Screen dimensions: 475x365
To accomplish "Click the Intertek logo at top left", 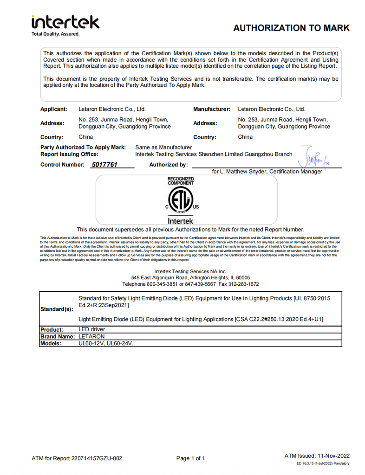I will [65, 22].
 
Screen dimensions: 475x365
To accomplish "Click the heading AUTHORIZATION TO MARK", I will [291, 28].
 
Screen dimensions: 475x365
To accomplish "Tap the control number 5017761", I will [104, 164].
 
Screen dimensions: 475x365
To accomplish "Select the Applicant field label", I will [54, 109].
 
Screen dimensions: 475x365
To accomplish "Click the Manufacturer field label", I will [212, 109].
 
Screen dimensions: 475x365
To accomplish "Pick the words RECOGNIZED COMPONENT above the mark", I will [181, 181].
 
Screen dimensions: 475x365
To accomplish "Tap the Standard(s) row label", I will [56, 309].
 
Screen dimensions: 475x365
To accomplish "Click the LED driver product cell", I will [91, 329].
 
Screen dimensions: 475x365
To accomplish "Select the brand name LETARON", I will [91, 336].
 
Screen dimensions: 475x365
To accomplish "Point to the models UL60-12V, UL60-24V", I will [107, 343].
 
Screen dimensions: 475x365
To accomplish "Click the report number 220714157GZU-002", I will [97, 458].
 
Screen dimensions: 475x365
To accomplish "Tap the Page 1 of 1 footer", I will [191, 458].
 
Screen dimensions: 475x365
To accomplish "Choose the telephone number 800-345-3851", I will [165, 284].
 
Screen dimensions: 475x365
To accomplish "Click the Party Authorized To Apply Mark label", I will [83, 147].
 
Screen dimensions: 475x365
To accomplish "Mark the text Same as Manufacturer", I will [163, 147].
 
